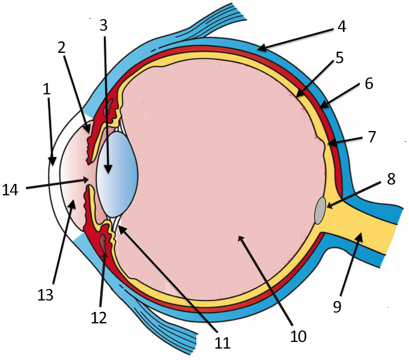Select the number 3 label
point(103,25)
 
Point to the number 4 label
point(342,26)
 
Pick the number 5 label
point(339,58)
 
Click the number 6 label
point(369,84)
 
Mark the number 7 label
point(372,136)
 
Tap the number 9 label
point(337,307)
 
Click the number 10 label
point(298,335)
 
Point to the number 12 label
point(98,317)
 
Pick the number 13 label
point(46,294)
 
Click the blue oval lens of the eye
point(118,174)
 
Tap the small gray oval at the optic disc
point(321,210)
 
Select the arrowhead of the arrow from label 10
point(240,237)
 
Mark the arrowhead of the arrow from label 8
point(328,207)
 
